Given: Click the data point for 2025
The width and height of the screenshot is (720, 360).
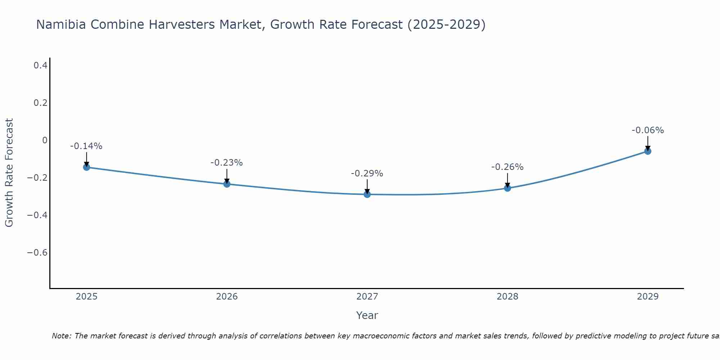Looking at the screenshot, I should (x=86, y=167).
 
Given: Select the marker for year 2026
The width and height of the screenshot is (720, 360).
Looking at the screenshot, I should (x=227, y=184).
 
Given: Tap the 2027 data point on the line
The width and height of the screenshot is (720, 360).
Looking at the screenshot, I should (x=367, y=194).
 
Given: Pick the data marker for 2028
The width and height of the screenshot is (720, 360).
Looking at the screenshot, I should (x=508, y=188).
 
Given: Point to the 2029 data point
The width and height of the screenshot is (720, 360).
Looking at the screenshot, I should (x=648, y=151).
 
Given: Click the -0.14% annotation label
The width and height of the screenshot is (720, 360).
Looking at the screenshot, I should (x=86, y=146).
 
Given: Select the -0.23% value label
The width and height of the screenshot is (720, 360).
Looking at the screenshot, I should (x=226, y=163).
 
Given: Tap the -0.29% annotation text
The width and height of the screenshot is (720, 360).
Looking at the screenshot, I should (x=367, y=174).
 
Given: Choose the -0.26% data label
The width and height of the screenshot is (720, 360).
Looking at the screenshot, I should (x=507, y=167).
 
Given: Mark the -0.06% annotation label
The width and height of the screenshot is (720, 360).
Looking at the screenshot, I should (x=648, y=130).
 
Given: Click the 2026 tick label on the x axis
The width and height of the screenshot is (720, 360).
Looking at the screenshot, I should (x=227, y=297).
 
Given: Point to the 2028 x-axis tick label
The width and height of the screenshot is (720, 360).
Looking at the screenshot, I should (x=508, y=297).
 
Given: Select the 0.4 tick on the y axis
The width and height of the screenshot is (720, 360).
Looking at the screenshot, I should (x=40, y=66).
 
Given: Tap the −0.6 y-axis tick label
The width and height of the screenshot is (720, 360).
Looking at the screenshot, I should (x=37, y=252).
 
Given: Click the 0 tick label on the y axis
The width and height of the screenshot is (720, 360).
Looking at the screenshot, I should (x=45, y=140).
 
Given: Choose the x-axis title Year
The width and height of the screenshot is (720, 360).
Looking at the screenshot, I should (x=367, y=315).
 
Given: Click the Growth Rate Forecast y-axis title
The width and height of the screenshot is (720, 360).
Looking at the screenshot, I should (x=9, y=172).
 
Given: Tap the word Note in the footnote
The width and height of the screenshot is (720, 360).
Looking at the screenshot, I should (x=61, y=336).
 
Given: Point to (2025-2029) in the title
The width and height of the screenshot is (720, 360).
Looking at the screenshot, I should (x=446, y=24).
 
